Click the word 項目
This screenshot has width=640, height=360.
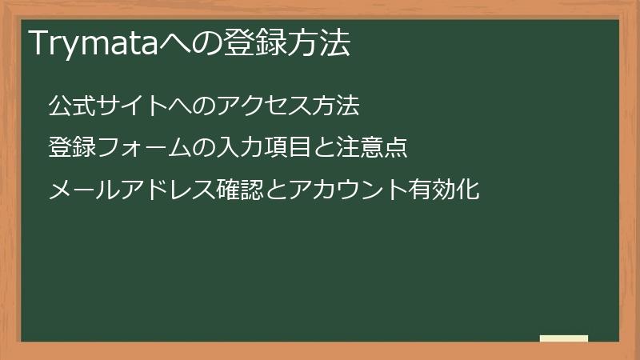tap(282, 148)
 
